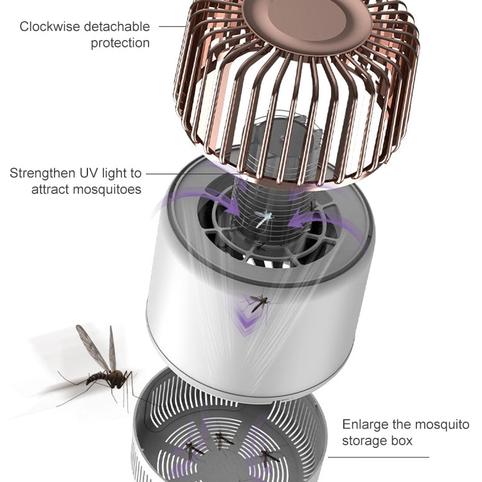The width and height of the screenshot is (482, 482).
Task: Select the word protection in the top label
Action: [120, 44]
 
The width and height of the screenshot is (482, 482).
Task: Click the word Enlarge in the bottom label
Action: [363, 425]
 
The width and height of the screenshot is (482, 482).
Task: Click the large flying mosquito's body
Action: [107, 377]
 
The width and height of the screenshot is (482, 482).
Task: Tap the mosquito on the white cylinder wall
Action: [260, 302]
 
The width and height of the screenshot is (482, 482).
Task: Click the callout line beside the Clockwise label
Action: [172, 27]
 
